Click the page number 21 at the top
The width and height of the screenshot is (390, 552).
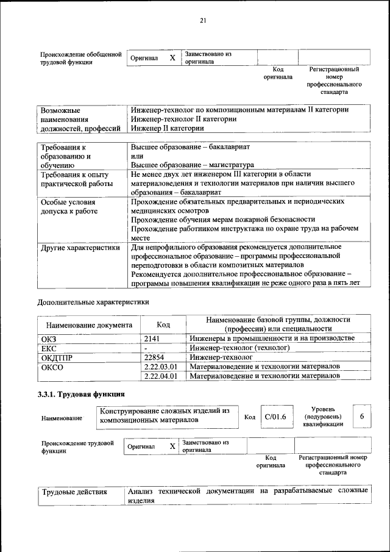203,22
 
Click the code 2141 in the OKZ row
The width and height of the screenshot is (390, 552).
152,338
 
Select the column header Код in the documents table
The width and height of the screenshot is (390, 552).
163,325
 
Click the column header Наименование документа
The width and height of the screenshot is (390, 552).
89,325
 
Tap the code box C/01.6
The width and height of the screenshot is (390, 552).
275,417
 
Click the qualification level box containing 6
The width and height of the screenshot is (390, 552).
362,417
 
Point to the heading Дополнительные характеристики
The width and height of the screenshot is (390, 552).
93,301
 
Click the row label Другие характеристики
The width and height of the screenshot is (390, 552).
80,248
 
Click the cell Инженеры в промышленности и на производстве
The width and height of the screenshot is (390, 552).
272,338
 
